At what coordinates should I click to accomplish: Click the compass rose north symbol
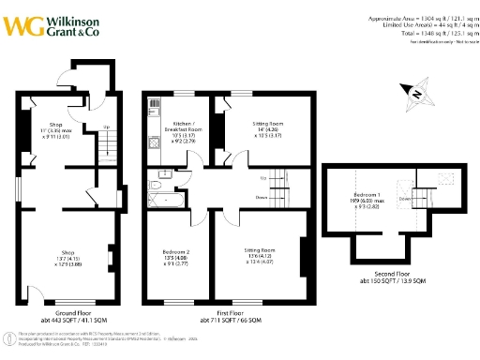pos(415,92)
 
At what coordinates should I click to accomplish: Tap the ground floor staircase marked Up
pos(108,142)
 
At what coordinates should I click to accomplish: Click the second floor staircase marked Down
pos(413,200)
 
